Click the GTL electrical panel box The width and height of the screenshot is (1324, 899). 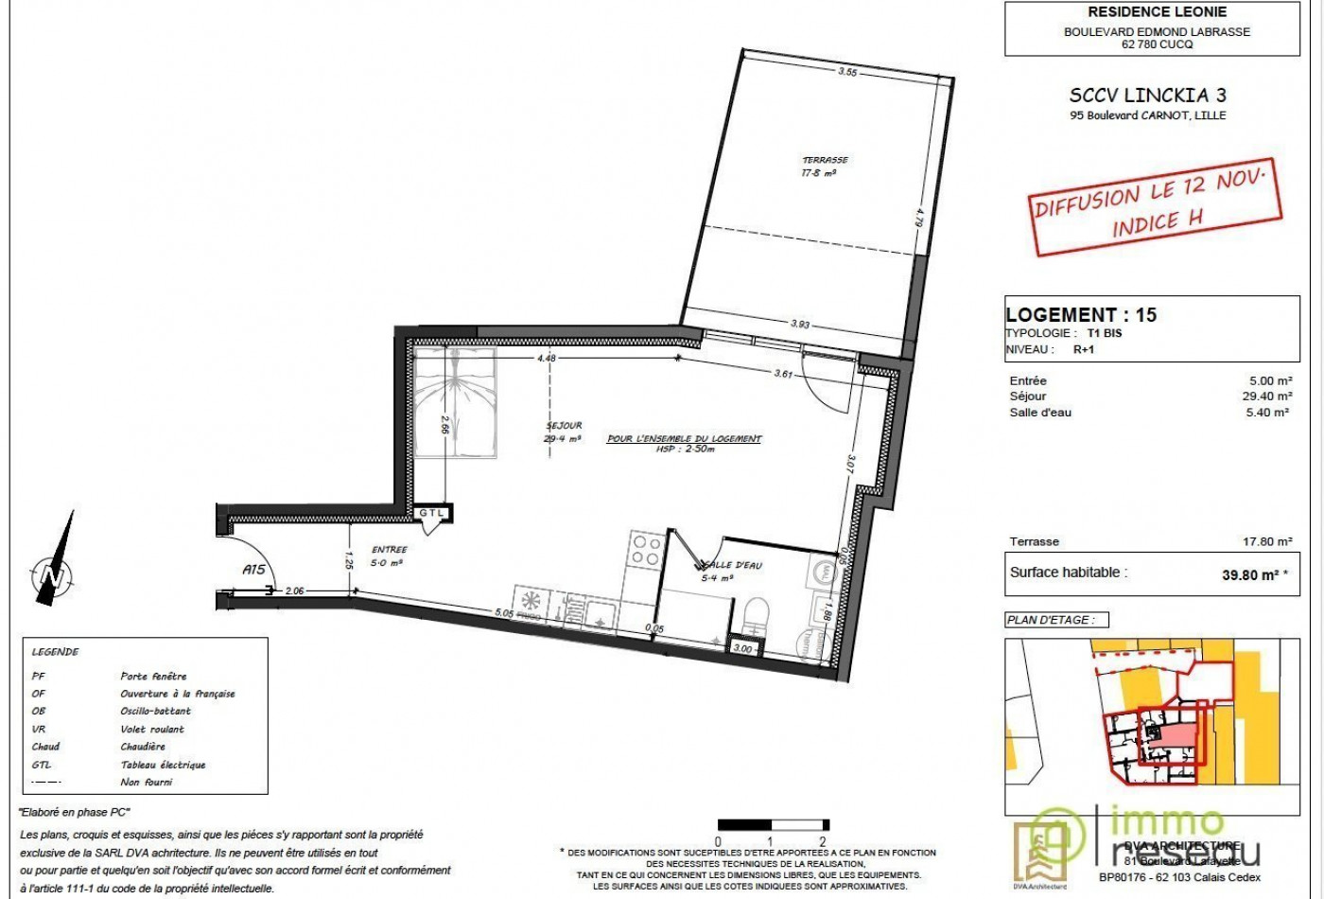click(433, 513)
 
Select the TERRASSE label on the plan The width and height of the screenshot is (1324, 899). click(825, 161)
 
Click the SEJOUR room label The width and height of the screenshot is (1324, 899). click(564, 426)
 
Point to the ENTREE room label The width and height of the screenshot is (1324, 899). click(389, 550)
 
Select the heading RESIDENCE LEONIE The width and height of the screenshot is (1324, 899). click(1143, 12)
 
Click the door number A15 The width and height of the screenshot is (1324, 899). click(253, 570)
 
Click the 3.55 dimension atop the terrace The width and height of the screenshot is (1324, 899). click(847, 72)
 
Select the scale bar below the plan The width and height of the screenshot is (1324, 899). click(773, 825)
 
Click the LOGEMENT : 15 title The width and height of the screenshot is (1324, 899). click(1081, 315)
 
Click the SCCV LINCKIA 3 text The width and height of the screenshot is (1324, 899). click(1147, 96)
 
